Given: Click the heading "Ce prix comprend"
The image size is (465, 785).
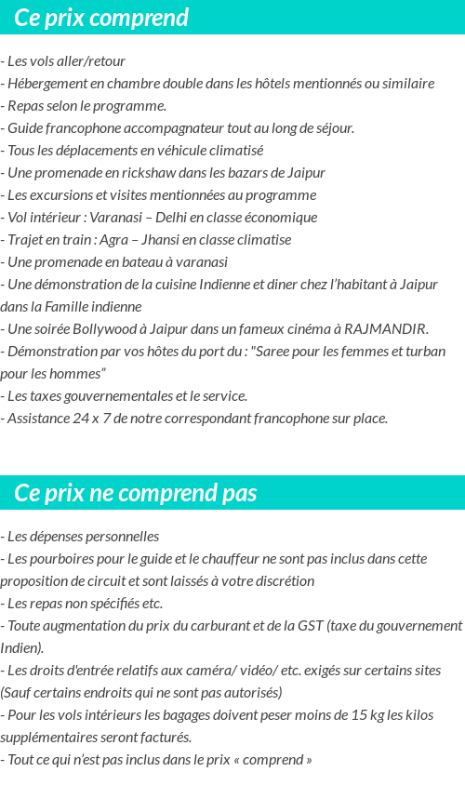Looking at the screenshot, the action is pos(101,18).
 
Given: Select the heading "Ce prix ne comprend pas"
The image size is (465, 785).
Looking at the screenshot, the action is pos(136,493).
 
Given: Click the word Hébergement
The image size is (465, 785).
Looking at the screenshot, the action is pos(45,84).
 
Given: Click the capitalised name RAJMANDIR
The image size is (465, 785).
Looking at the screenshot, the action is pos(384,329).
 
